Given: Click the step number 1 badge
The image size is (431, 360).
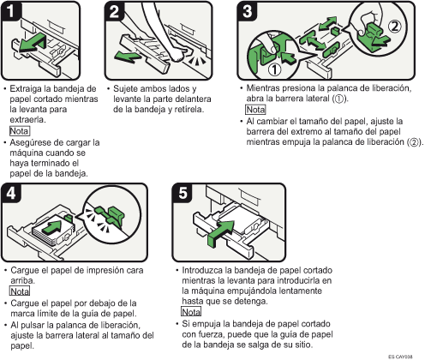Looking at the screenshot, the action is coord(10,11).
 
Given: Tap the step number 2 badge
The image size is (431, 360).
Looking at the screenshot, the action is coord(114,11).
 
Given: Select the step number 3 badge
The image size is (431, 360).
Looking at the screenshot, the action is coord(247,11).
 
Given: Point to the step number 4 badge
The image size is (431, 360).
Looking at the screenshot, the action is coord(11,193).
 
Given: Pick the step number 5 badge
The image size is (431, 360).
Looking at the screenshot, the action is coord(183,193).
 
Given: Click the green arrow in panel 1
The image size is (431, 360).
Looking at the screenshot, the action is coord(32,43).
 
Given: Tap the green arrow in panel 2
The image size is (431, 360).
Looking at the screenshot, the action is coord(127,56).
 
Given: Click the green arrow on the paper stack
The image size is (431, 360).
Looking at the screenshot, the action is coord(51,227).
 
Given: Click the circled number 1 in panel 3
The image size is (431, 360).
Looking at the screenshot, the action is coord(274,69).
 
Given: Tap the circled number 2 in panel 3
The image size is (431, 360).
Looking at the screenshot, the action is coord(394,27).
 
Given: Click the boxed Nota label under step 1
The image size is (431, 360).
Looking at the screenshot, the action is coord(20,131).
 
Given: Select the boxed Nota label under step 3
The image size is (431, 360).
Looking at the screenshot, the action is coord(255,110).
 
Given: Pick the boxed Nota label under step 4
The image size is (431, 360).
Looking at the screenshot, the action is coord(20,291).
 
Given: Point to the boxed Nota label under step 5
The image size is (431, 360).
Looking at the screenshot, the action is coord(191,311).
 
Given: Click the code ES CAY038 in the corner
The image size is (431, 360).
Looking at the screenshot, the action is coord(400,357).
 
